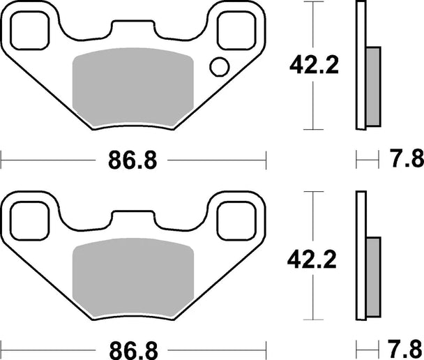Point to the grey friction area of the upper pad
133,87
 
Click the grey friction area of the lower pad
133,277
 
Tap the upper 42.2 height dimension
314,66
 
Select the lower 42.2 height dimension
312,260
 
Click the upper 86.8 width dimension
132,160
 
